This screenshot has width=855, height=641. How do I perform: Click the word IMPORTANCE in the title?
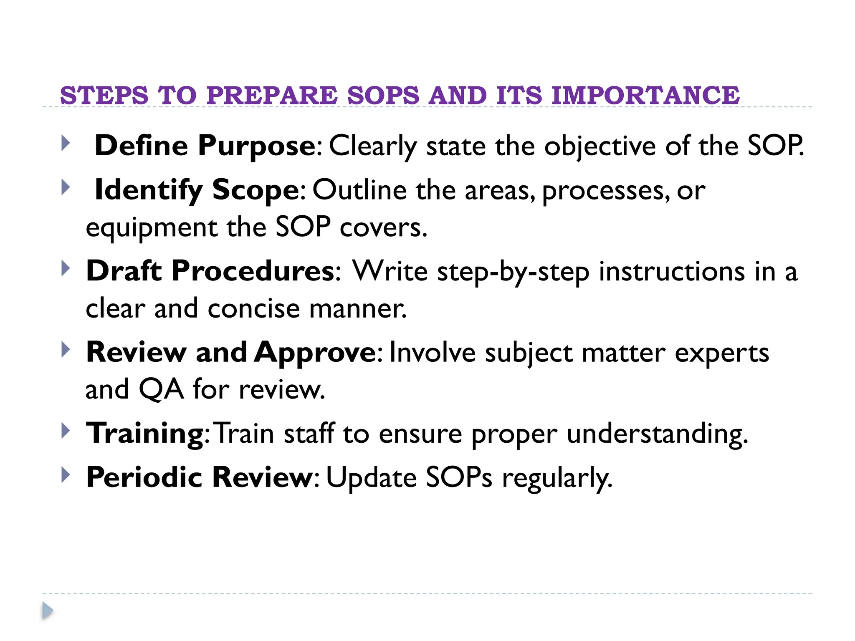coord(645,95)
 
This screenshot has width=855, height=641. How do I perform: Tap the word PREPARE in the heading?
coord(272,95)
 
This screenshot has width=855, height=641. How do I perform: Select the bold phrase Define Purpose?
coord(205,146)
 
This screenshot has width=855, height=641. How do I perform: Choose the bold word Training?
coord(144,433)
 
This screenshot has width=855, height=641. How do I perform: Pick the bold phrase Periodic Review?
coord(199,477)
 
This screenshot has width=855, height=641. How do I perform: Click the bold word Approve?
coord(315,353)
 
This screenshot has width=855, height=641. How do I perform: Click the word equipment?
coord(151,228)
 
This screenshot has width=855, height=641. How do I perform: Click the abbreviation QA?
coord(161,389)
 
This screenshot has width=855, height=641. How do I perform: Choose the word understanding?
coord(657,434)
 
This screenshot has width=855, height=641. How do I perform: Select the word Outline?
coord(359,190)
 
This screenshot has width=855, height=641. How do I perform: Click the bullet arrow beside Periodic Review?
coord(66,475)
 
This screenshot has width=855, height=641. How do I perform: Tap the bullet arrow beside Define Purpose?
coord(66,143)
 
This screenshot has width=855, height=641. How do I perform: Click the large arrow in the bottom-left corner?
coord(48,611)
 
